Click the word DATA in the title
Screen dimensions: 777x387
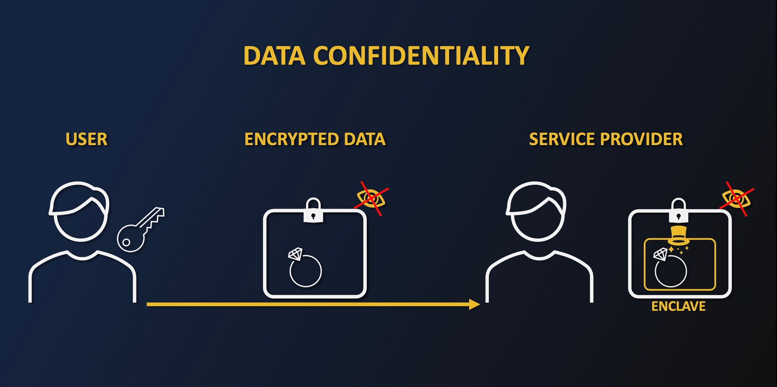click(x=274, y=56)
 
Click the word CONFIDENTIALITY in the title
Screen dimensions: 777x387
click(x=421, y=56)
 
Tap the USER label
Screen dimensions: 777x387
click(x=86, y=139)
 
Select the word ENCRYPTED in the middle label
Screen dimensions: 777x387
click(x=291, y=139)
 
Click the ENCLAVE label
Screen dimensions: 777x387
click(x=678, y=306)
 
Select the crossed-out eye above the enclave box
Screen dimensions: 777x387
click(x=737, y=198)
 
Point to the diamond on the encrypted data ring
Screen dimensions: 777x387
click(x=295, y=254)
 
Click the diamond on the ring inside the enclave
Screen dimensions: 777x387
click(x=660, y=254)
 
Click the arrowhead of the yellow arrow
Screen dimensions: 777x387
click(x=474, y=305)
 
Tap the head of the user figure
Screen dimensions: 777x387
click(x=80, y=212)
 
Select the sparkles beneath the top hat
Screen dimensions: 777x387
click(x=678, y=249)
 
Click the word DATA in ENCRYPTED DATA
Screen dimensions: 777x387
click(x=364, y=139)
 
